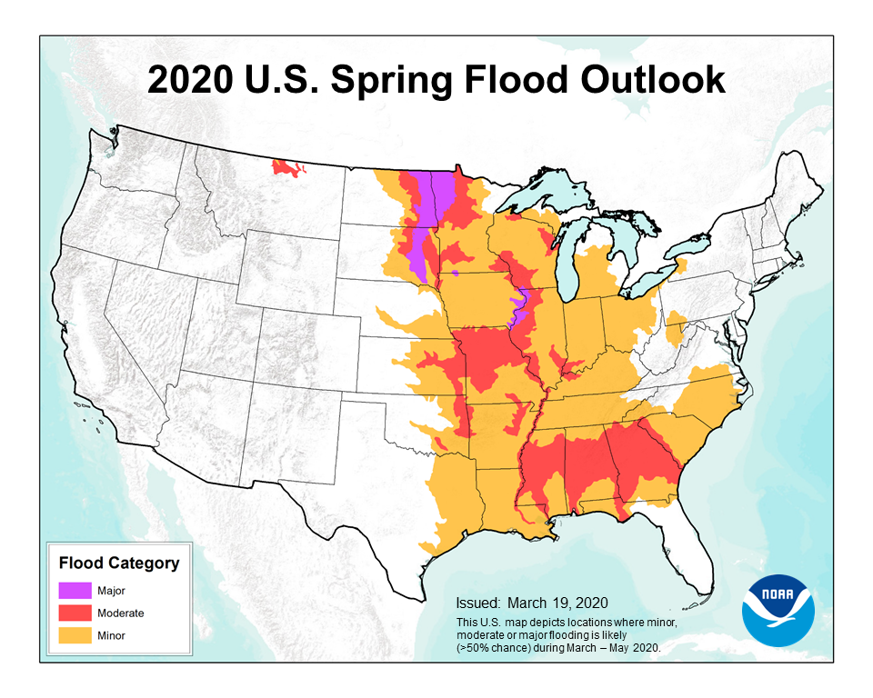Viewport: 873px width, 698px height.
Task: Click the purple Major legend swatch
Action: point(75,591)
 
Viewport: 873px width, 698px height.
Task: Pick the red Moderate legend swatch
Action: point(75,613)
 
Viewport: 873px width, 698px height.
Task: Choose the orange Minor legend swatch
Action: point(75,636)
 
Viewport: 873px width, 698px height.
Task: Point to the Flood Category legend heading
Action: point(118,563)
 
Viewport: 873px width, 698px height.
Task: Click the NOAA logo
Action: point(778,610)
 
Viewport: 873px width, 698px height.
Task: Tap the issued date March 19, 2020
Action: point(557,603)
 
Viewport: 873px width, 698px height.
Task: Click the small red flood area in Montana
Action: point(287,169)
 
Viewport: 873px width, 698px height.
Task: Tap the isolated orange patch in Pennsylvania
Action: point(675,327)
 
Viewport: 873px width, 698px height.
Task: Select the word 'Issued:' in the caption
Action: point(477,603)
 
